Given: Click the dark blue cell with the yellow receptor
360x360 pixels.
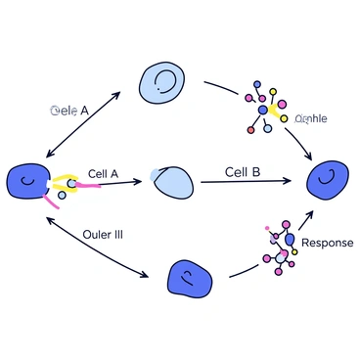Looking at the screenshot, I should pos(26,182).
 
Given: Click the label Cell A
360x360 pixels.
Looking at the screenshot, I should pos(103,173).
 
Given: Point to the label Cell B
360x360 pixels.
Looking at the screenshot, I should pos(242,172).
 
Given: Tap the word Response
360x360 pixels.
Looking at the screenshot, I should pos(327,243).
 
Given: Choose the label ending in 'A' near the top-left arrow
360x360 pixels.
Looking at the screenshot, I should pos(69,111).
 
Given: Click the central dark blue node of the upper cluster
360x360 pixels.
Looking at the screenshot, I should pos(263,112).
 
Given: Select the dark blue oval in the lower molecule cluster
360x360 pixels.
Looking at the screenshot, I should pos(289,239).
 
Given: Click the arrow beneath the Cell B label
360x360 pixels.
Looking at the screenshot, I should pos(245,182).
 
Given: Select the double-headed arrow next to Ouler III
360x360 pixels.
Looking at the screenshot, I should pos(98,250).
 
